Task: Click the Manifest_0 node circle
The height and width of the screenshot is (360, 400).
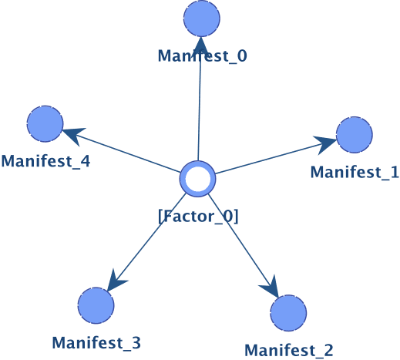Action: pyautogui.click(x=202, y=19)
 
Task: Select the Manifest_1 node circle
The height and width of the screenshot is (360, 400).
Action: pyautogui.click(x=355, y=135)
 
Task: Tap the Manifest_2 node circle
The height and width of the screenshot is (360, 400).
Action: pyautogui.click(x=288, y=313)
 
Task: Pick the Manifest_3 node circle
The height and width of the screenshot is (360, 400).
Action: pyautogui.click(x=96, y=305)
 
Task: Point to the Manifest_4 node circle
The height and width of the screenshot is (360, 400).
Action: pyautogui.click(x=45, y=124)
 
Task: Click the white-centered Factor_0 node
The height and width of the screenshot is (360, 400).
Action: pyautogui.click(x=197, y=179)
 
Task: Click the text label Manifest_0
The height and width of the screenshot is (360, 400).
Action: pyautogui.click(x=203, y=56)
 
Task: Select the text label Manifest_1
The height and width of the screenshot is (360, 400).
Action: pyautogui.click(x=355, y=172)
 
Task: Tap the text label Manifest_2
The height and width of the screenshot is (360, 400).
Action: pyautogui.click(x=289, y=350)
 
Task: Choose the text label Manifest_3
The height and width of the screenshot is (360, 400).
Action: pyautogui.click(x=96, y=343)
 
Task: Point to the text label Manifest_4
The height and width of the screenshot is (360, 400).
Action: pyautogui.click(x=45, y=161)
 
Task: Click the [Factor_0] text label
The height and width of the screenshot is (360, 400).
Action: pyautogui.click(x=198, y=217)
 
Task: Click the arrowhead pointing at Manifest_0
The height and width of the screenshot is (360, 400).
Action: pyautogui.click(x=201, y=45)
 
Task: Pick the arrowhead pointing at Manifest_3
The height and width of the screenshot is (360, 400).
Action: pyautogui.click(x=116, y=281)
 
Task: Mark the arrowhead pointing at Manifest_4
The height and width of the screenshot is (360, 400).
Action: pyautogui.click(x=74, y=136)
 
